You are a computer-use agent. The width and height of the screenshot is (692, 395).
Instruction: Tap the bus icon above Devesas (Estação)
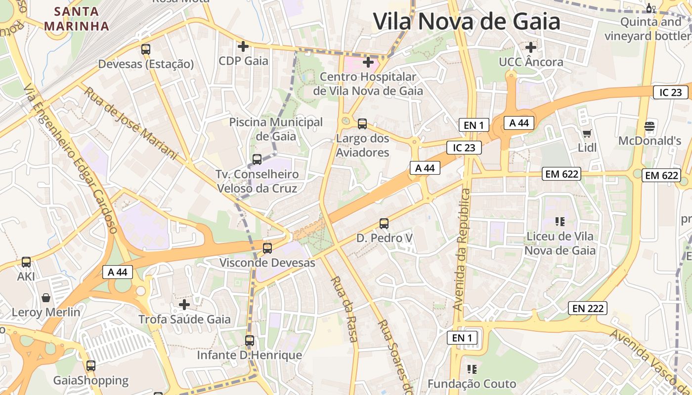pyautogui.click(x=145, y=49)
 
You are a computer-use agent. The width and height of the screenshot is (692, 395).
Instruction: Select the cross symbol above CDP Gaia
pyautogui.click(x=243, y=46)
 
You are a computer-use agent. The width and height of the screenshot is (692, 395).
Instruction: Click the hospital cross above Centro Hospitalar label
pyautogui.click(x=368, y=62)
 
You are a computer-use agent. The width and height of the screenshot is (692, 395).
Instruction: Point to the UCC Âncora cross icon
pyautogui.click(x=531, y=47)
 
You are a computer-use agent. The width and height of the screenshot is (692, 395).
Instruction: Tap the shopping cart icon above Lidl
pyautogui.click(x=587, y=133)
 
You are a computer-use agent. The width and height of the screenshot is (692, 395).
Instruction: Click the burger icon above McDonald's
pyautogui.click(x=649, y=126)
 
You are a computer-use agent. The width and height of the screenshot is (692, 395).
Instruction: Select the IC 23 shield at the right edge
pyautogui.click(x=670, y=92)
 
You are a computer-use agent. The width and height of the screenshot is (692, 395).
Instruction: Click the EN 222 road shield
pyautogui.click(x=587, y=309)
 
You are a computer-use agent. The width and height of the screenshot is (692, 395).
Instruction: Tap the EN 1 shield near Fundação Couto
pyautogui.click(x=462, y=338)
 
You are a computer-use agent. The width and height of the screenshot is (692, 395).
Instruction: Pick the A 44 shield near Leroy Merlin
pyautogui.click(x=118, y=272)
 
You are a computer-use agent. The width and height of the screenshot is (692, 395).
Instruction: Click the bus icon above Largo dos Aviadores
pyautogui.click(x=362, y=123)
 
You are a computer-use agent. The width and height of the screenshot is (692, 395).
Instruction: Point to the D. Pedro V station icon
pyautogui.click(x=384, y=223)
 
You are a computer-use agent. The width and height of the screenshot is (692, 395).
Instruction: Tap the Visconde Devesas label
pyautogui.click(x=267, y=263)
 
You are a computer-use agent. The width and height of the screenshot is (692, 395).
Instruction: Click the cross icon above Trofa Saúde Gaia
pyautogui.click(x=184, y=304)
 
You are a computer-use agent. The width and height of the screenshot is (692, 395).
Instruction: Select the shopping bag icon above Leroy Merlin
pyautogui.click(x=46, y=298)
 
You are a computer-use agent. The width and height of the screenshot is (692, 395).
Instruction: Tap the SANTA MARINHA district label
pyautogui.click(x=76, y=19)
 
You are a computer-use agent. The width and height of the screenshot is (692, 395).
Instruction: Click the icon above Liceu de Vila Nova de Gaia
pyautogui.click(x=560, y=221)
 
